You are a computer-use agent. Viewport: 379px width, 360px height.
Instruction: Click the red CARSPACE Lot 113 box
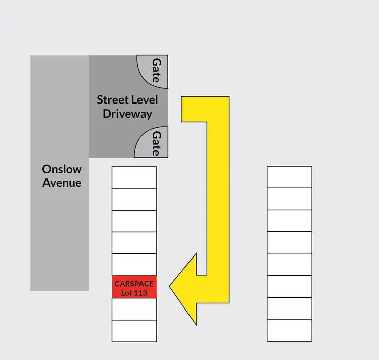[x=134, y=287]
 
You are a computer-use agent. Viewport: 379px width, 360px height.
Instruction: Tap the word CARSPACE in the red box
[x=134, y=283]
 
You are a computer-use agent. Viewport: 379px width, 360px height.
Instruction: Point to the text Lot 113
[x=134, y=293]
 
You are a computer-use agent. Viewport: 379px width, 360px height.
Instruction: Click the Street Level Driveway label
[x=127, y=106]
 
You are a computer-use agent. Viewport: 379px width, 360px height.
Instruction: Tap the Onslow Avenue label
[x=62, y=175]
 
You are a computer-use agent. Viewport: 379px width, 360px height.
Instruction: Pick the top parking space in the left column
[x=134, y=177]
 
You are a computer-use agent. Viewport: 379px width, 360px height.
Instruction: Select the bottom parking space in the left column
[x=134, y=331]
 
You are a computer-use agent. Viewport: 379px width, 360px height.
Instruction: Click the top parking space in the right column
[x=290, y=177]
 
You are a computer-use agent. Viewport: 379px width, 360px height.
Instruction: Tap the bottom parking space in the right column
[x=290, y=331]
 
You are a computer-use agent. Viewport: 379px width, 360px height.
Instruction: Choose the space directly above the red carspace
[x=134, y=265]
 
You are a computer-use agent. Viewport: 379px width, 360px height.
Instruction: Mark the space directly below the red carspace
[x=134, y=309]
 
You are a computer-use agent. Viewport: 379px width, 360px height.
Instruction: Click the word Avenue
[x=62, y=182]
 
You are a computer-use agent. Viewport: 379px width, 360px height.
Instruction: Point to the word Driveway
[x=127, y=113]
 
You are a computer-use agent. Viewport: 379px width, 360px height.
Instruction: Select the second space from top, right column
[x=290, y=199]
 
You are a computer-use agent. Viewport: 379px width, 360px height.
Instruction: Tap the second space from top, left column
[x=134, y=199]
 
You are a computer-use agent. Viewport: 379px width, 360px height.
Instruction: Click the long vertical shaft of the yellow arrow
[x=218, y=202]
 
